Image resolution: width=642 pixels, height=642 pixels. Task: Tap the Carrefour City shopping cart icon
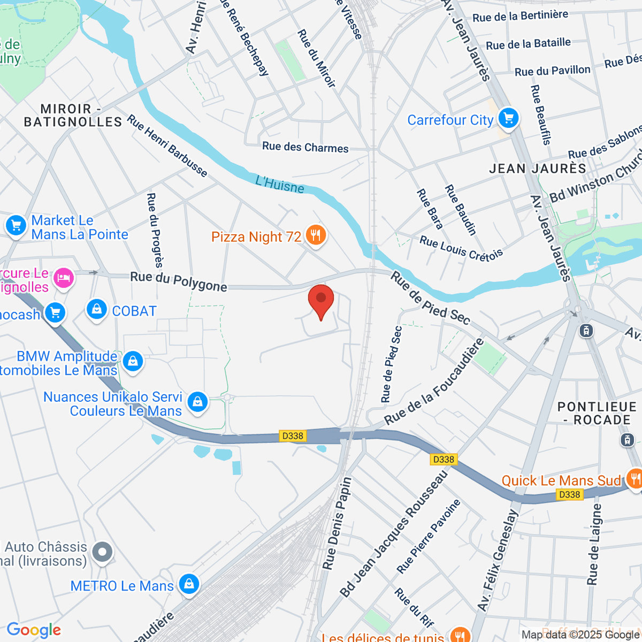[x=508, y=118]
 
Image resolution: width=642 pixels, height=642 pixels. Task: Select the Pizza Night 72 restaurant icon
[x=316, y=235]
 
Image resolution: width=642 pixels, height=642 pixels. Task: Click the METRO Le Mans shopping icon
[x=189, y=584]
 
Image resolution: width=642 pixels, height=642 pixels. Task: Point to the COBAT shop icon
[x=97, y=309]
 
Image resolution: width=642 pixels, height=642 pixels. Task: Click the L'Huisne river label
[x=280, y=184]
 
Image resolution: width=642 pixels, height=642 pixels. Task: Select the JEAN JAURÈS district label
[x=538, y=169]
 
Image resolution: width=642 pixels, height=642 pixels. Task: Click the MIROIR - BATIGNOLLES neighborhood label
[x=73, y=116]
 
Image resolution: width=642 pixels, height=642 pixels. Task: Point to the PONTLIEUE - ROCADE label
[x=597, y=413]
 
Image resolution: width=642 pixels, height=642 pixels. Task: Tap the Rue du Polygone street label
[x=179, y=281]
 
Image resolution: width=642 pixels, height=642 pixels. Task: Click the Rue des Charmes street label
[x=305, y=147]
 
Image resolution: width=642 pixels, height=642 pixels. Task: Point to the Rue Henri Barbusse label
[x=167, y=146]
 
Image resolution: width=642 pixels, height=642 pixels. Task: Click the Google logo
[x=34, y=630]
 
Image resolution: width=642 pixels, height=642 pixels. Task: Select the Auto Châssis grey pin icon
[x=102, y=552]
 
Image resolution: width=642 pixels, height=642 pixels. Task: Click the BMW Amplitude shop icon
[x=133, y=361]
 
